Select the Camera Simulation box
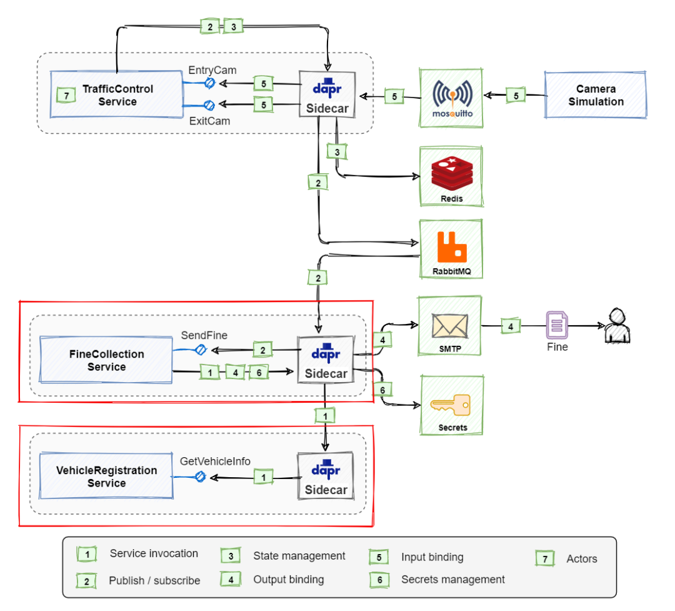tap(595, 95)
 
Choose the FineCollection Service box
tap(106, 360)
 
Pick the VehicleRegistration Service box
tap(106, 477)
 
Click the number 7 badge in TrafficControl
tap(64, 95)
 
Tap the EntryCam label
tap(212, 70)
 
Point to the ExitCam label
tap(210, 121)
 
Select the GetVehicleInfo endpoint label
tap(215, 462)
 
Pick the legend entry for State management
tap(299, 555)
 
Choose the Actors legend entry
tap(581, 558)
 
